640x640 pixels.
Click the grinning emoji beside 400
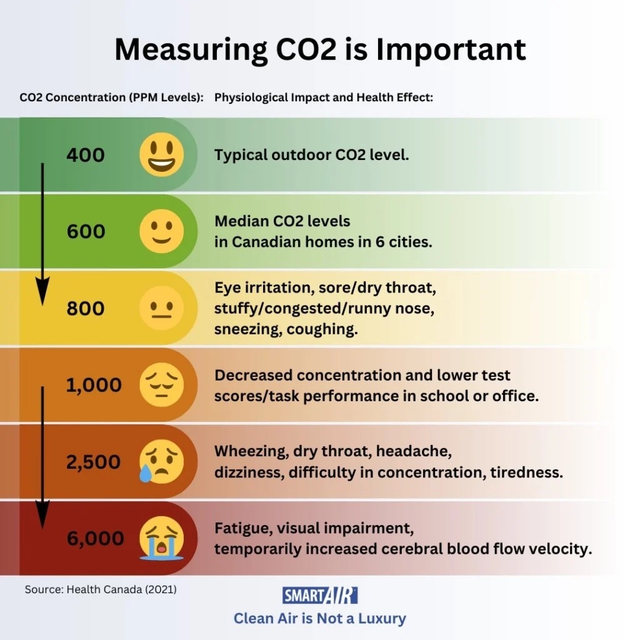click(x=162, y=154)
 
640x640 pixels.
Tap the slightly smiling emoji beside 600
click(x=162, y=231)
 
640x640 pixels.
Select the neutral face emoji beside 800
click(x=162, y=308)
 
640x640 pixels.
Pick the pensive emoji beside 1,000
click(x=162, y=385)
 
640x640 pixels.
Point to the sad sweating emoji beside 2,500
click(x=161, y=462)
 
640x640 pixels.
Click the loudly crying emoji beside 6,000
click(x=162, y=538)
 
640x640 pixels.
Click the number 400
click(x=86, y=155)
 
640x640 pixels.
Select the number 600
click(x=86, y=232)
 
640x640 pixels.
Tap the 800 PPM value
click(x=86, y=309)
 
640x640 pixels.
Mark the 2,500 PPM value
click(x=94, y=462)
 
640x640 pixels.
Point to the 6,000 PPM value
click(x=95, y=539)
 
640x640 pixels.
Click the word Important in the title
click(x=451, y=49)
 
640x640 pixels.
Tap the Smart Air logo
click(x=320, y=595)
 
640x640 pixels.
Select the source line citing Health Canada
click(x=101, y=589)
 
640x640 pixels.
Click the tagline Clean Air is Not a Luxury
click(x=320, y=619)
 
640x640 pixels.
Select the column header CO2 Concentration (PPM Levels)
click(x=111, y=98)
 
